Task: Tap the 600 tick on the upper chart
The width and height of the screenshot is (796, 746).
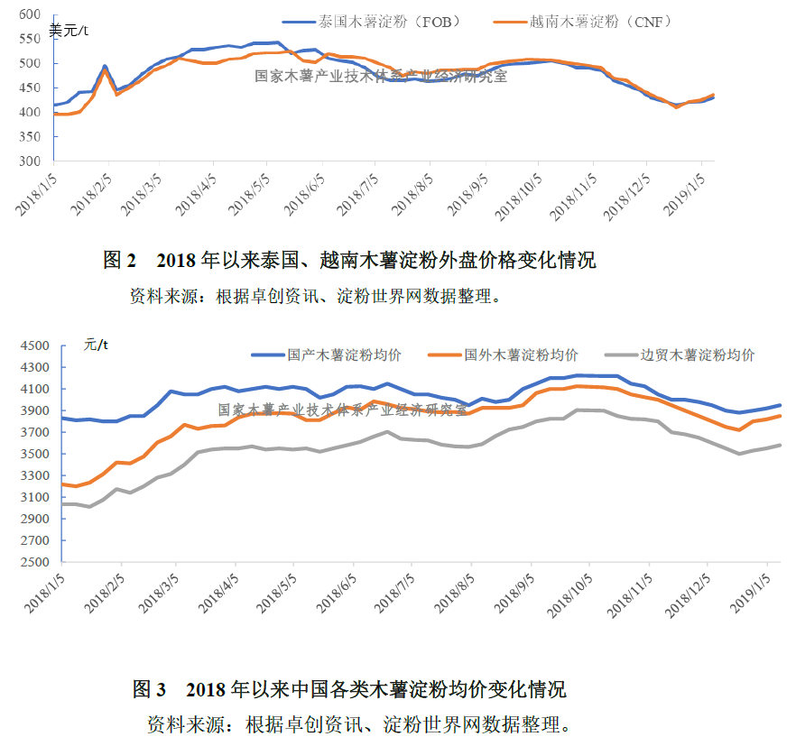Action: click(30, 14)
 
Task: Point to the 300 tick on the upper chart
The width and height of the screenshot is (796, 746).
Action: click(30, 161)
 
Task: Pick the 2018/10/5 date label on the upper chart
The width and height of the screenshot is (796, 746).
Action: click(518, 192)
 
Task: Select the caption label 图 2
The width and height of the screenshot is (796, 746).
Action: click(119, 262)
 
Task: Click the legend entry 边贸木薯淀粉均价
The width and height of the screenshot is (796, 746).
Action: click(697, 355)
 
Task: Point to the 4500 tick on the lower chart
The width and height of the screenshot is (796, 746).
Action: click(36, 345)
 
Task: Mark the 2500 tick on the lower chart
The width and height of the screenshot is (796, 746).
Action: click(36, 562)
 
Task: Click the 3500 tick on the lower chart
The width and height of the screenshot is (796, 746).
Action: click(36, 454)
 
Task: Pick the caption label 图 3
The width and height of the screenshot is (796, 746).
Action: click(149, 691)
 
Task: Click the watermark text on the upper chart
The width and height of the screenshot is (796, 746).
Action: click(381, 77)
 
